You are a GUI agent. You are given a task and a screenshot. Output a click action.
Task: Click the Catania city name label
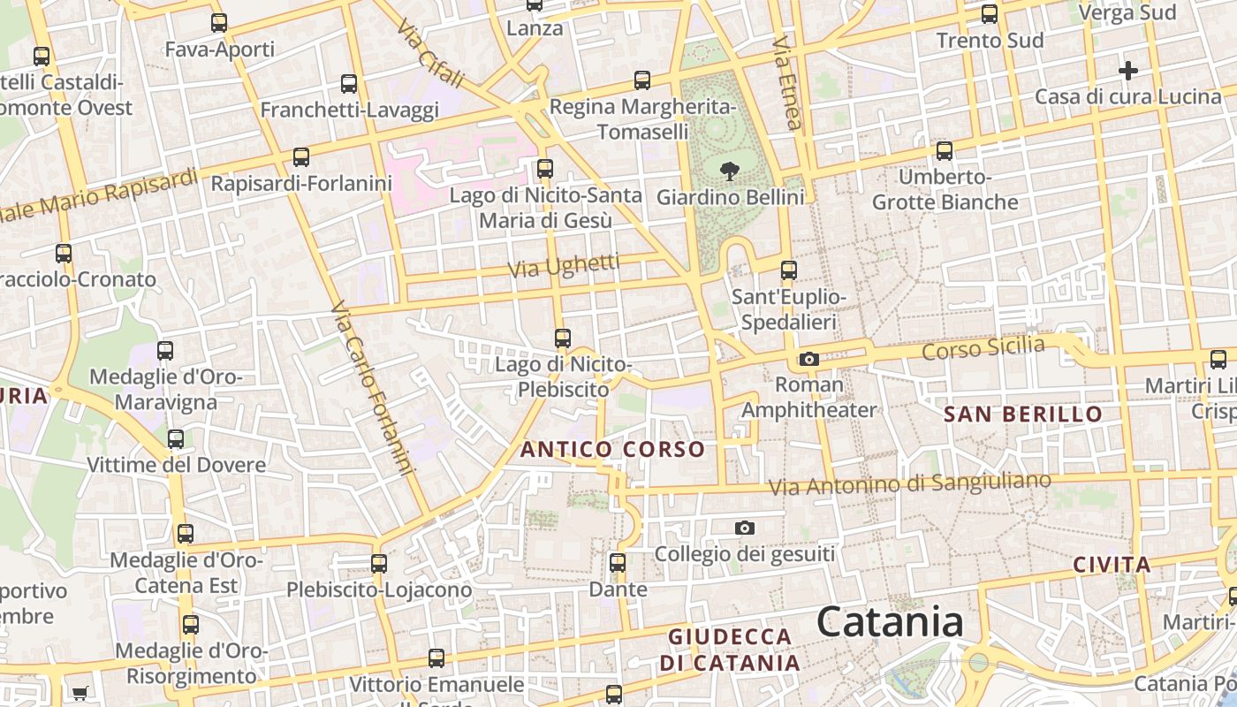coord(889,622)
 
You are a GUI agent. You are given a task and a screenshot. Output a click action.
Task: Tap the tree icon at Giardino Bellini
coord(730,171)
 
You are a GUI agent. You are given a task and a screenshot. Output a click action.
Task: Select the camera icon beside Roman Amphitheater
coord(808,359)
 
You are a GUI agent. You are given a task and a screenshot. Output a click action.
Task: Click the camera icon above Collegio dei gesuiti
coord(745,528)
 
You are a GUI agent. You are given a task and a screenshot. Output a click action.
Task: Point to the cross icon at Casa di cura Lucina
coord(1127,70)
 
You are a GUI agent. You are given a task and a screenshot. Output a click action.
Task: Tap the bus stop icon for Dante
coord(618,562)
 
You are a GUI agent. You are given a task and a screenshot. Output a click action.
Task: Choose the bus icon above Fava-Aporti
coord(219,23)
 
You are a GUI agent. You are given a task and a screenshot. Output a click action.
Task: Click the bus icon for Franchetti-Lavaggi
coord(349,84)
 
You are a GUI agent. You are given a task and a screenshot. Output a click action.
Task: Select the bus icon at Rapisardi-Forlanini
coord(301,157)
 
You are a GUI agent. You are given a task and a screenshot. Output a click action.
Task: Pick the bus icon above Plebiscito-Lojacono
coord(379,563)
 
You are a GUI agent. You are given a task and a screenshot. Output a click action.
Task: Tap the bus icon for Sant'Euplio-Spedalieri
coord(788,270)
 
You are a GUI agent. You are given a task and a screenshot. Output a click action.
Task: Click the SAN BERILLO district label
coord(1023,414)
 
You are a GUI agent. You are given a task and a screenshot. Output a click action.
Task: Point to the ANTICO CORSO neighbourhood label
coord(612,449)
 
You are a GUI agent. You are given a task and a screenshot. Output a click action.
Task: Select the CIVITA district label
coord(1112,565)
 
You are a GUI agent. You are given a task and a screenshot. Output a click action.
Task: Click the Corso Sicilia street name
coord(983,347)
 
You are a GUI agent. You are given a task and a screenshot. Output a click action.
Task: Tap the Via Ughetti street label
coord(565,265)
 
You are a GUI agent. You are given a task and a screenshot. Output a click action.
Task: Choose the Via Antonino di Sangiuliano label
coord(909,483)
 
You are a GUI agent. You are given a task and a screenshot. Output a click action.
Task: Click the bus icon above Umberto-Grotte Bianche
coord(945,150)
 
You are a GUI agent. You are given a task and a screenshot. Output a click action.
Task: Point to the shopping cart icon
coord(80,692)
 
